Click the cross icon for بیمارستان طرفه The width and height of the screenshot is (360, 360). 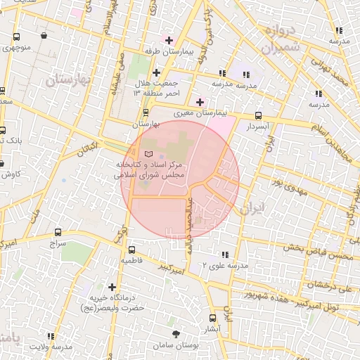169,39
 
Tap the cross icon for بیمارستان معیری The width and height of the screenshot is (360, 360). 200,102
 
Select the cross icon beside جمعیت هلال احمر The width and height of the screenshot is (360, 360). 156,72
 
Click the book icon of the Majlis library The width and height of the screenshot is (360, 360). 147,153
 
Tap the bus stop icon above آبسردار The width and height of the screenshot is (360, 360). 258,115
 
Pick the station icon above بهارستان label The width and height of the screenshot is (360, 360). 146,112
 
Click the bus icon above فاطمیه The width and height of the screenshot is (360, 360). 131,250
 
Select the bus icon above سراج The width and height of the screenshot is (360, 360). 56,232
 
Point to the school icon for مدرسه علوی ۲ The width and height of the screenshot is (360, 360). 225,254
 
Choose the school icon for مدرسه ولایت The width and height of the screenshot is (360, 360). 50,336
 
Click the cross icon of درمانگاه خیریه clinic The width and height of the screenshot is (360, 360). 112,286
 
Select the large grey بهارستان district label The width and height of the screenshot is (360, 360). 69,81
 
